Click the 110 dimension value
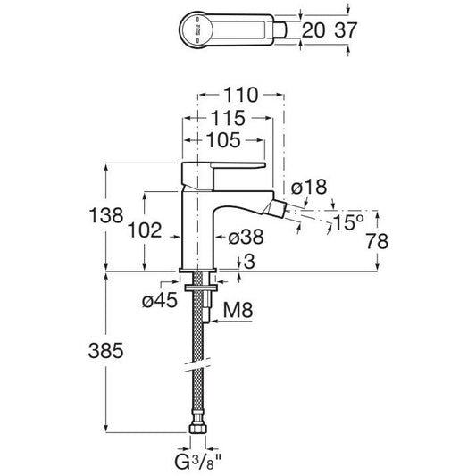pos(241,95)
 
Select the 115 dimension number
pos(228,118)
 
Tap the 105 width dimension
pos(223,140)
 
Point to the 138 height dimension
pos(106,215)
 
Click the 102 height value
pos(145,230)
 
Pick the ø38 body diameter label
pos(246,237)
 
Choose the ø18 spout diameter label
pos(309,187)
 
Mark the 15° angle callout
pos(348,222)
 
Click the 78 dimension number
pos(377,242)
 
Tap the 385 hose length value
pos(105,351)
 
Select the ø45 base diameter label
pos(160,301)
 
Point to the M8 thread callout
pos(238,310)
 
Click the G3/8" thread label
pos(198,462)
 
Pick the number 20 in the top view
pos(313,30)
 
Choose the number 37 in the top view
pos(346,30)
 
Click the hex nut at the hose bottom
pos(197,428)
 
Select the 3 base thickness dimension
pos(249,262)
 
